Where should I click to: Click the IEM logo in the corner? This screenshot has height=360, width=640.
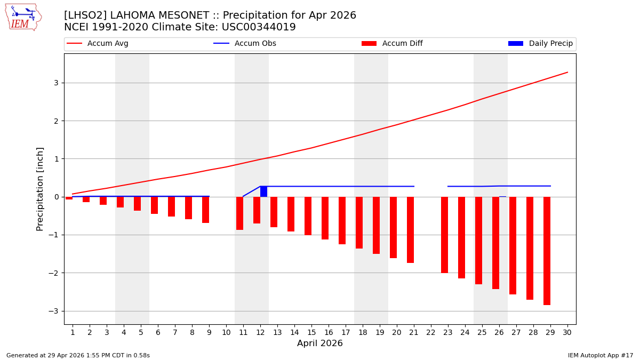(x=23, y=17)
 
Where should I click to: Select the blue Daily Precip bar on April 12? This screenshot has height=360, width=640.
(x=263, y=191)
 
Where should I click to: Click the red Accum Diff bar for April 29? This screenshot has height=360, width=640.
(x=547, y=251)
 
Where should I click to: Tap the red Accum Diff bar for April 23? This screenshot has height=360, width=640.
(x=444, y=235)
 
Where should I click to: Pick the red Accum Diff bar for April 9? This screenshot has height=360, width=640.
(x=205, y=210)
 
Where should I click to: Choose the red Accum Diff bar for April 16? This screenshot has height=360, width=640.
(x=325, y=218)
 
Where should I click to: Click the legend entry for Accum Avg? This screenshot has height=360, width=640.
(x=98, y=44)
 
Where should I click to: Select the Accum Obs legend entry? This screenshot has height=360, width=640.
(x=245, y=44)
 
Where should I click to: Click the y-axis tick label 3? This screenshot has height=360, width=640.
(x=55, y=83)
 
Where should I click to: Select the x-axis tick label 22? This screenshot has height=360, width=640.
(x=431, y=332)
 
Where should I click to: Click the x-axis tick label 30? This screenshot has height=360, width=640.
(x=567, y=332)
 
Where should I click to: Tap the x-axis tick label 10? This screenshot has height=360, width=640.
(x=226, y=332)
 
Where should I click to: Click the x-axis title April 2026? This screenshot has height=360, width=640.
(x=320, y=344)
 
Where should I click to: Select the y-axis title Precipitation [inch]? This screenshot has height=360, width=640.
(x=41, y=189)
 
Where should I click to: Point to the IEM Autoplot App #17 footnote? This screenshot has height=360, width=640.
(x=601, y=355)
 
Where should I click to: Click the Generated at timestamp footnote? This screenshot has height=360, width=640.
(x=78, y=355)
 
